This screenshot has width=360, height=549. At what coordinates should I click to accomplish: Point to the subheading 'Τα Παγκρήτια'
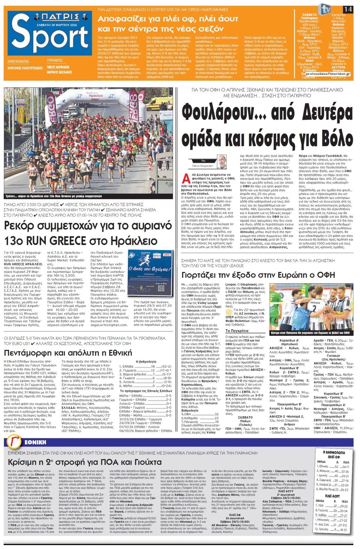[237, 331]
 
